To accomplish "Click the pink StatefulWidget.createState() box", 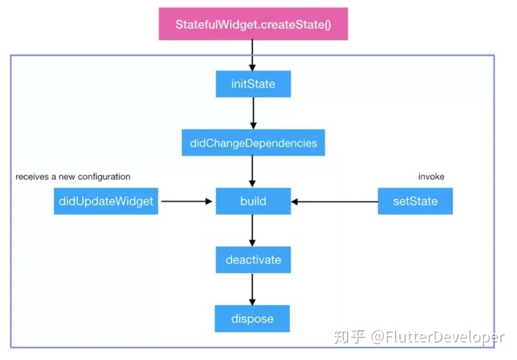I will [x=253, y=25].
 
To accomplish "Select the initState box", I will [x=253, y=84].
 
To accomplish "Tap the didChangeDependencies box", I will [x=253, y=143].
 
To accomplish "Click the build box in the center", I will [x=253, y=201].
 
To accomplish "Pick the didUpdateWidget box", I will [x=106, y=201].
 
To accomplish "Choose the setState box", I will [x=415, y=201].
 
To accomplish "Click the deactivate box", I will [x=253, y=260].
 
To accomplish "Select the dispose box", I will [x=253, y=319].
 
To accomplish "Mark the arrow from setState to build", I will [x=334, y=202].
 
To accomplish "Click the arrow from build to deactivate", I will [x=253, y=231].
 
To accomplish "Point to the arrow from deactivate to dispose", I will [x=253, y=290].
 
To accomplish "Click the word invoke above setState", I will [x=432, y=176].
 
